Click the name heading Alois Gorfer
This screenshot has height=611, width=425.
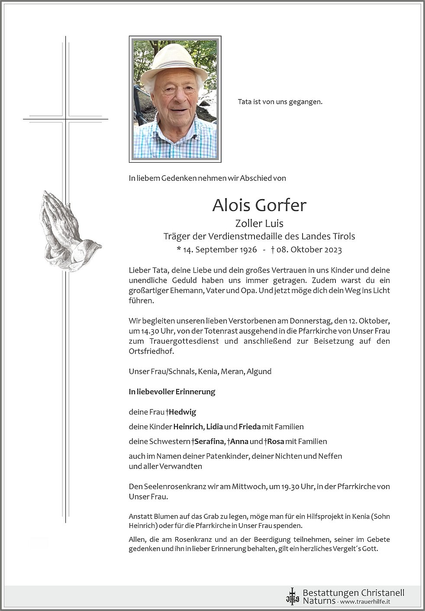(259, 205)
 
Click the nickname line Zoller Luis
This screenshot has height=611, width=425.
(259, 223)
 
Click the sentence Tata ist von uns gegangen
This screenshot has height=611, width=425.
(280, 102)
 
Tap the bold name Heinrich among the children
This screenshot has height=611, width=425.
(188, 427)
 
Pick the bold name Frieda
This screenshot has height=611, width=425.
(250, 427)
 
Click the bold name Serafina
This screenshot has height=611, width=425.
(209, 441)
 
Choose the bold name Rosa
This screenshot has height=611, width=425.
(275, 441)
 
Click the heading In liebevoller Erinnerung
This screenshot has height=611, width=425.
(172, 392)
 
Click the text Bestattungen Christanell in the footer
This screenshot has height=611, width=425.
(353, 592)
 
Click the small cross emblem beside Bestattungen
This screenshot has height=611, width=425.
(292, 596)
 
